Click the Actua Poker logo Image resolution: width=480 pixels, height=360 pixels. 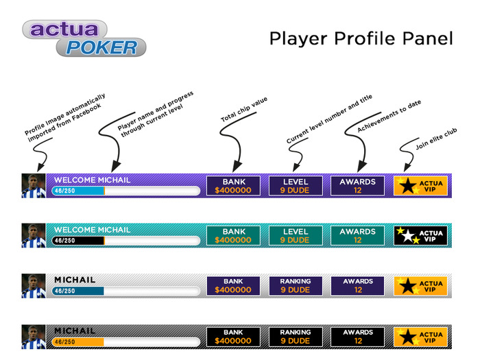[84, 38]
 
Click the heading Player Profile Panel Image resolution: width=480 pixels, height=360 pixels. [361, 38]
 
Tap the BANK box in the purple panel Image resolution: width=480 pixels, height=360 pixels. [233, 186]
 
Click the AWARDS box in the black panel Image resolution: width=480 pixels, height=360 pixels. [357, 337]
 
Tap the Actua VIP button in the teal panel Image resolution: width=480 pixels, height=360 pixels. [421, 236]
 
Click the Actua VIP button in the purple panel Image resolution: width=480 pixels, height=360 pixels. [421, 186]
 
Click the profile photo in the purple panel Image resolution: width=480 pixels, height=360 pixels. [33, 186]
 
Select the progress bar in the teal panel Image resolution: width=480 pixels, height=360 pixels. [125, 241]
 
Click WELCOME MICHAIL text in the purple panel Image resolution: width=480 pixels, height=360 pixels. [91, 180]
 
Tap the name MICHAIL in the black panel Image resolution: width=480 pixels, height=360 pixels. [75, 331]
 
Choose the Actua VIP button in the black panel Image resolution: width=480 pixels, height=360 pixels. [421, 337]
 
